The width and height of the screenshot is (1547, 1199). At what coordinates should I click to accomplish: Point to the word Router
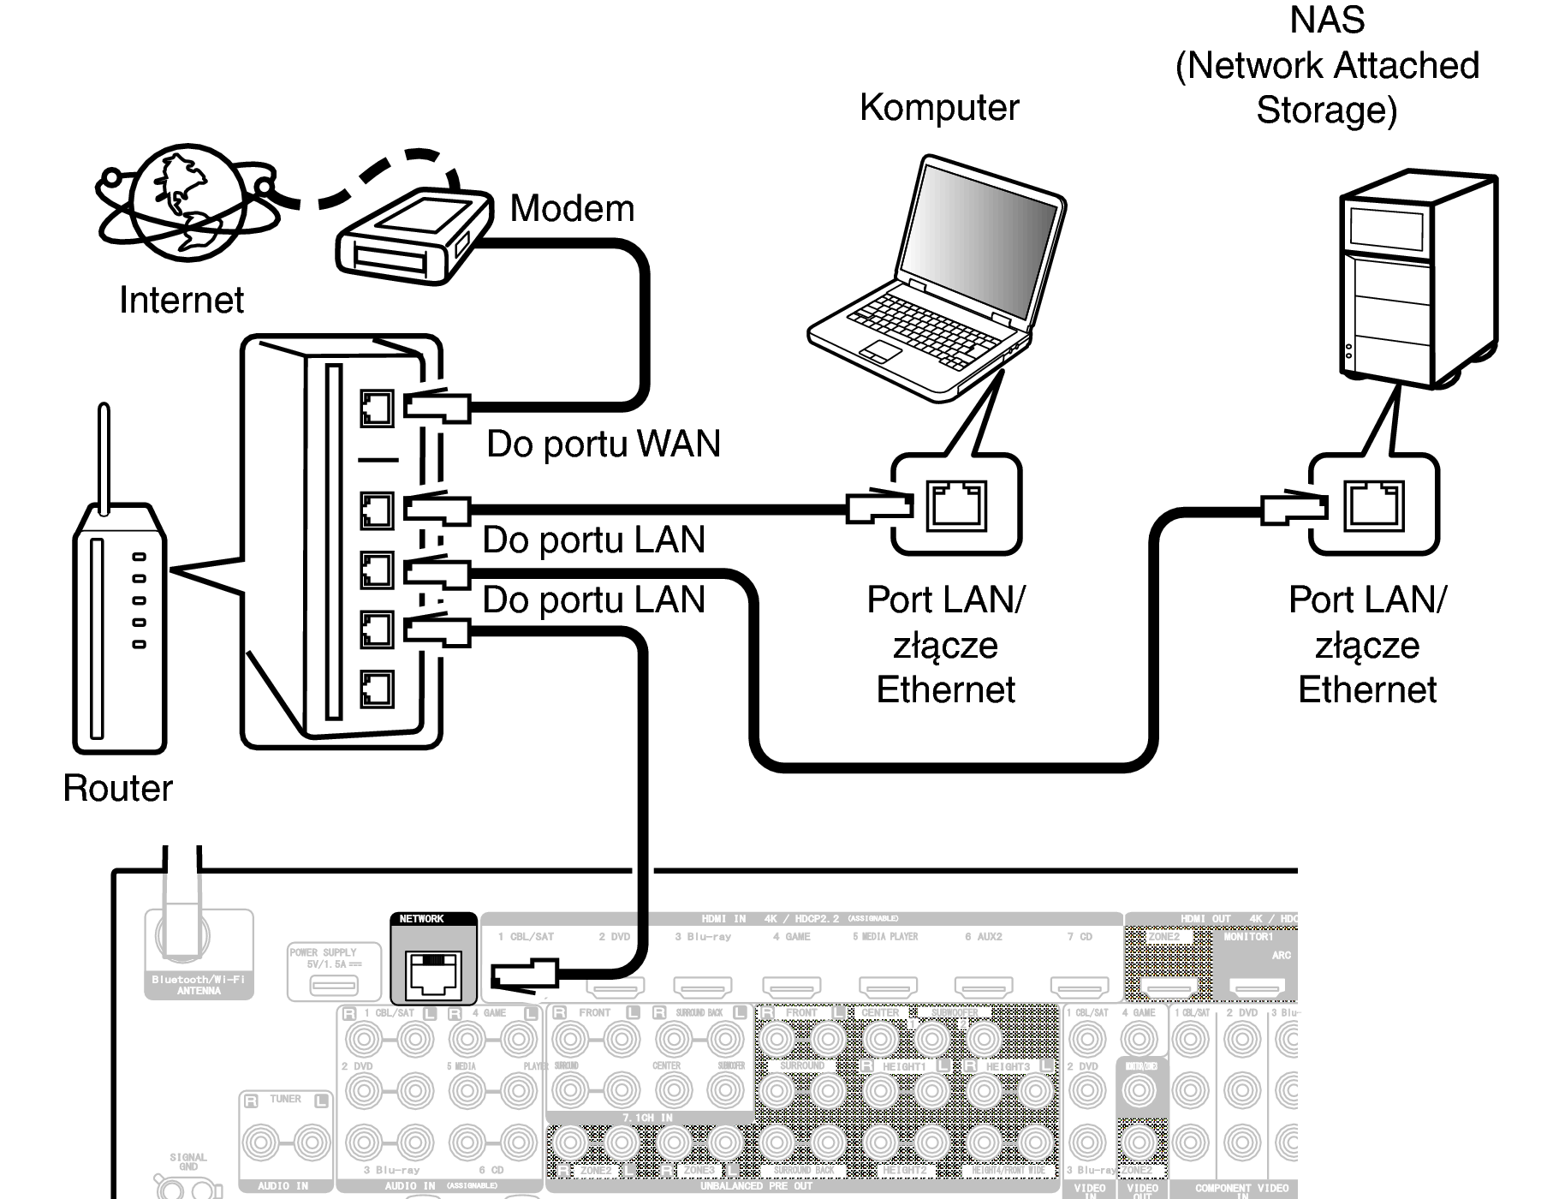click(x=117, y=788)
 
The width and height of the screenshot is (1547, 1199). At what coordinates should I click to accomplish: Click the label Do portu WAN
click(x=604, y=444)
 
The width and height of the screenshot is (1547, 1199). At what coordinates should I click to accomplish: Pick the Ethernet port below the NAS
click(x=1374, y=505)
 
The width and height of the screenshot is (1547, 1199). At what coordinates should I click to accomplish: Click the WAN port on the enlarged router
click(x=377, y=409)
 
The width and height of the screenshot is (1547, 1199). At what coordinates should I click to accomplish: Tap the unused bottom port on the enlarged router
click(x=377, y=689)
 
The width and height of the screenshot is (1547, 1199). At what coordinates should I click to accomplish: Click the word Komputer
click(x=939, y=108)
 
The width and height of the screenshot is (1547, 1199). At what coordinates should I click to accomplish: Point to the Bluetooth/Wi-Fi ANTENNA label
click(x=199, y=985)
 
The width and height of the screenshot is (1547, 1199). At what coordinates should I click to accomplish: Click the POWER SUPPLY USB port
click(x=334, y=986)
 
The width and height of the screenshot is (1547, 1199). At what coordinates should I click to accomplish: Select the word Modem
click(x=572, y=209)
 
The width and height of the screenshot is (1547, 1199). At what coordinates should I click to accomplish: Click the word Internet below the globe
click(x=181, y=300)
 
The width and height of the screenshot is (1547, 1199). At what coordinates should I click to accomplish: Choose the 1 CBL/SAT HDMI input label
click(x=526, y=937)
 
